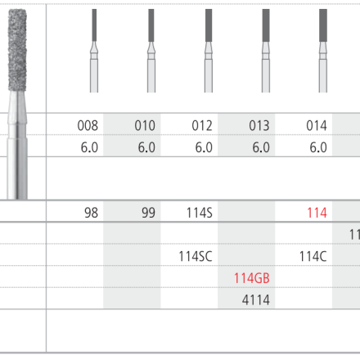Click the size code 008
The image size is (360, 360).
88,125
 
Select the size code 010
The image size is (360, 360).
145,125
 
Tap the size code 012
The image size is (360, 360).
202,125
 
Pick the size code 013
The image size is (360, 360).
259,125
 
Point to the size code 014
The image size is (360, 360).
317,125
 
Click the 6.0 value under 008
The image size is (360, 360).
89,147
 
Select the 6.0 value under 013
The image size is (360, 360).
261,147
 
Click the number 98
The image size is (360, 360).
91,213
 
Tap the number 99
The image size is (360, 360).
148,213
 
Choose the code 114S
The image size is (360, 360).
200,213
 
